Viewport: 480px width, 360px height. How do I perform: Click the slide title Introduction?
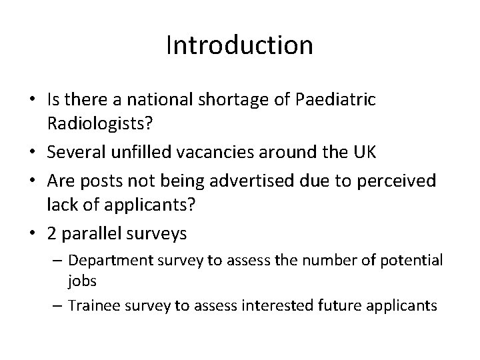click(239, 45)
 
